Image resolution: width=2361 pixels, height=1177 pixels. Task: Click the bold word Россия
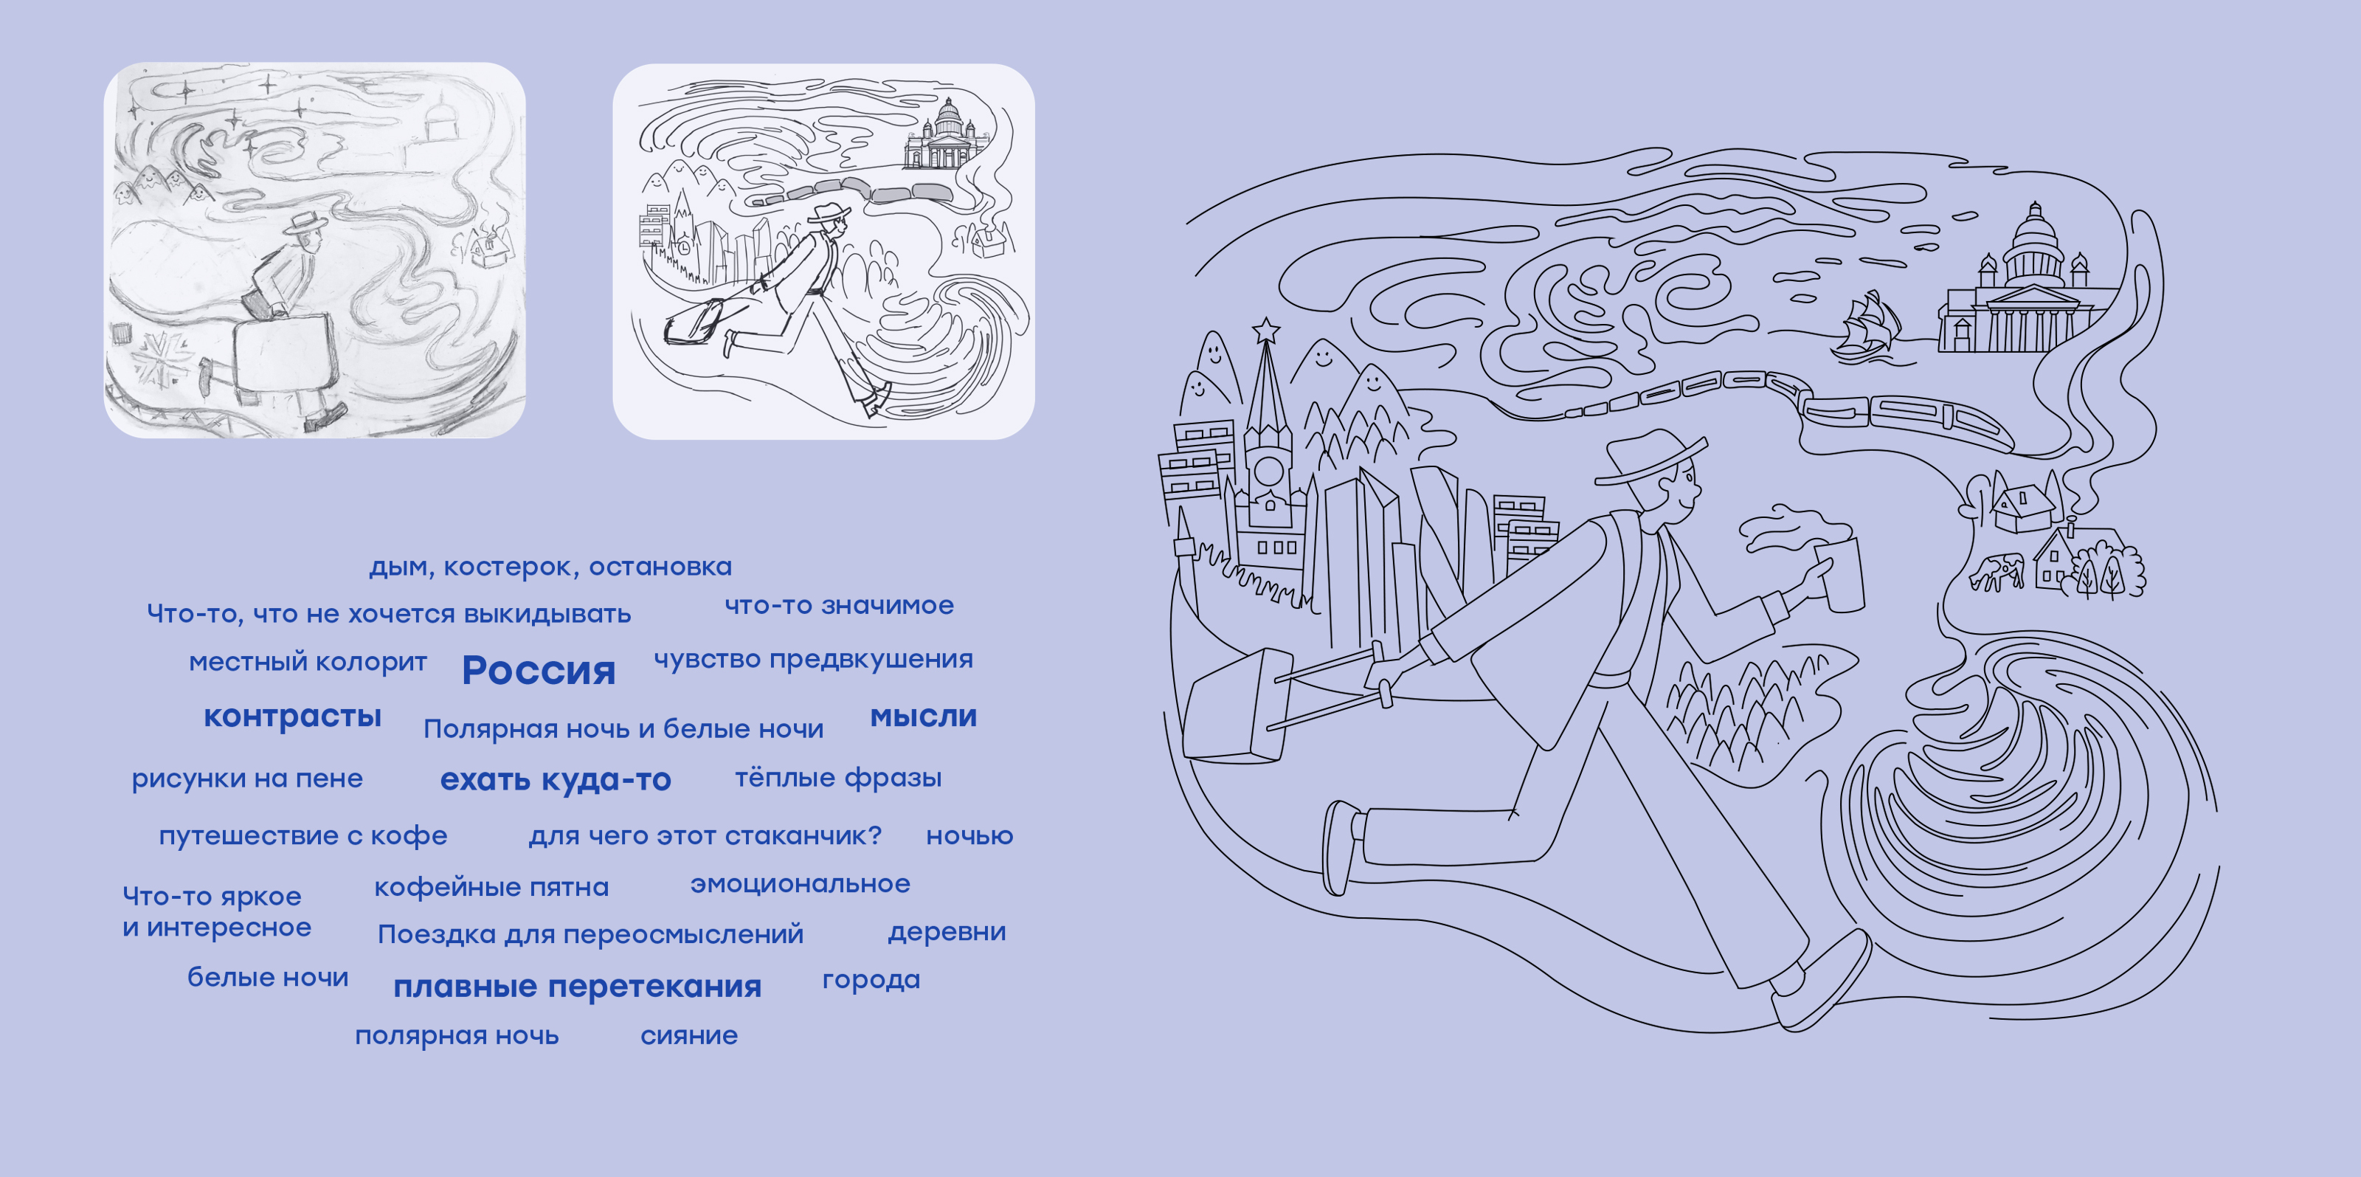coord(539,670)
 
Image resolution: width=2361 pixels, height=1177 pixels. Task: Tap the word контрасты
coord(292,716)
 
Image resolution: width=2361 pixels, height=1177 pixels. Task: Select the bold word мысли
coord(923,716)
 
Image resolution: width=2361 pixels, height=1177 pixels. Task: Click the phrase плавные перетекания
coord(578,987)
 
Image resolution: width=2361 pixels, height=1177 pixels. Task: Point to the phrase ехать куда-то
coord(556,779)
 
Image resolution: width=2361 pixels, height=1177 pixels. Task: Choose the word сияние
coord(689,1036)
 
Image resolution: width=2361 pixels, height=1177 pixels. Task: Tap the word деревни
coord(947,932)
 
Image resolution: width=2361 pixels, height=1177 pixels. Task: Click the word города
coord(871,980)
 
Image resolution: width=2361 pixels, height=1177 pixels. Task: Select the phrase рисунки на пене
coord(247,779)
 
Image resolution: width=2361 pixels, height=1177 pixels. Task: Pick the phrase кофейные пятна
coord(491,887)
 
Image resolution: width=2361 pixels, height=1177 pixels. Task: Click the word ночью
coord(969,836)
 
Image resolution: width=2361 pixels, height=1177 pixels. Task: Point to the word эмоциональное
coord(800,883)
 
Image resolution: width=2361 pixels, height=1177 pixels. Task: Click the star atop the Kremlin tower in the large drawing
coord(1266,329)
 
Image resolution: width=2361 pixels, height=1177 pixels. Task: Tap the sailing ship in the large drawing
coord(1865,326)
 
